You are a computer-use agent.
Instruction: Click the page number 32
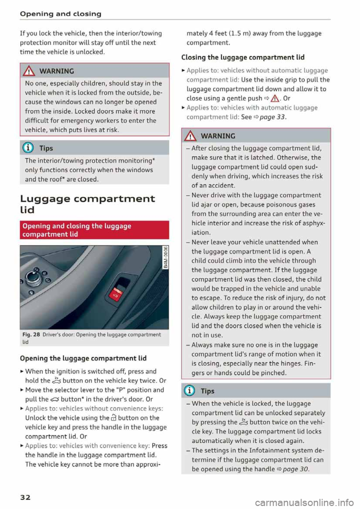pos(25,497)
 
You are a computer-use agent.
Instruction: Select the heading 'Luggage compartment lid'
pos(87,204)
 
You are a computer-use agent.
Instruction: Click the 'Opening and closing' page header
pos(60,14)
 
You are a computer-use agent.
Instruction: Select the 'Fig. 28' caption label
pos(31,335)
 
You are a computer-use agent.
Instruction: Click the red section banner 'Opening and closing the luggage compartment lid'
pos(94,230)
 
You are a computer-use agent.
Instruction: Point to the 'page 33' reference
pos(272,117)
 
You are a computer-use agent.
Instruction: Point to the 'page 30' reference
pos(295,469)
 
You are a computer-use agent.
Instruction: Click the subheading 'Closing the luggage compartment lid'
pos(243,57)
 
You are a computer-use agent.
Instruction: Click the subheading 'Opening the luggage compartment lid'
pos(83,358)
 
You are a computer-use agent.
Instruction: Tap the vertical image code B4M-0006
pos(166,257)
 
